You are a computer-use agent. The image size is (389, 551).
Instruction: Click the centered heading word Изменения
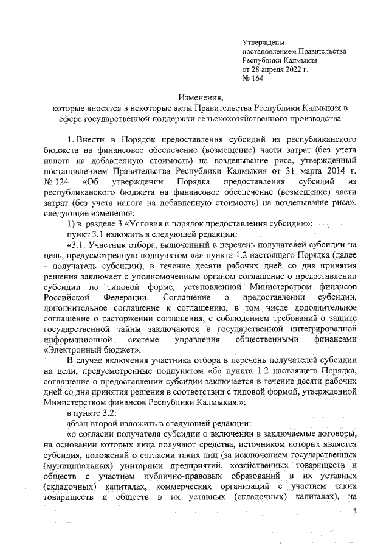pos(201,97)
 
